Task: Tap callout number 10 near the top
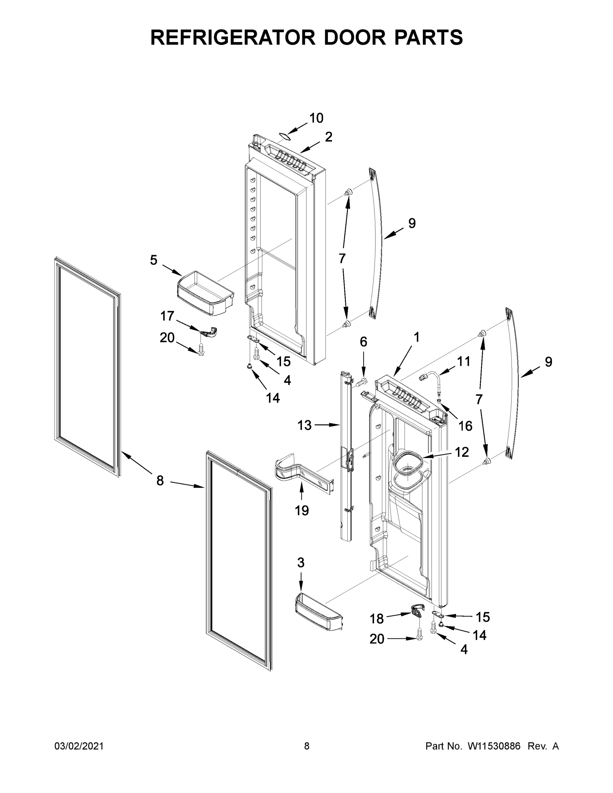click(316, 118)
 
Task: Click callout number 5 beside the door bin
click(154, 260)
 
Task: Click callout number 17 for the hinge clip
click(167, 316)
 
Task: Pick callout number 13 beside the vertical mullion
click(304, 425)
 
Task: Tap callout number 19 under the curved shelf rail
click(302, 510)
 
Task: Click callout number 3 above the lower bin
click(301, 562)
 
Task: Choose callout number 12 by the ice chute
click(462, 452)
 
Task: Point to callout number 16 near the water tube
click(465, 426)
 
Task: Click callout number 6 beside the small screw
click(363, 342)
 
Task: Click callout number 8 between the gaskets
click(160, 481)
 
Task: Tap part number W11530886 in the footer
click(494, 746)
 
